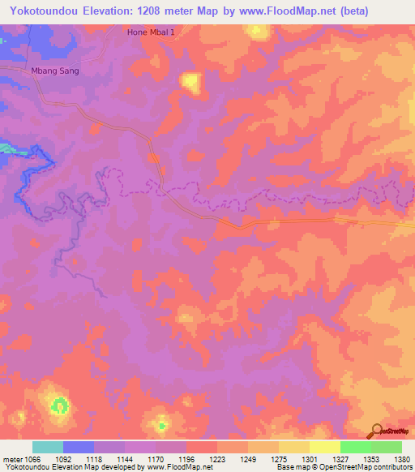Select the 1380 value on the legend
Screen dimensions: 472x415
coord(403,459)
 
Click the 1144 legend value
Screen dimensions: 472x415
coord(126,459)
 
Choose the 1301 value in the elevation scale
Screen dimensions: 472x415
coord(310,459)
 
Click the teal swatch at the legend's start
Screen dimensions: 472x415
coord(48,447)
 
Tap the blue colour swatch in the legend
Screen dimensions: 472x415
coord(79,447)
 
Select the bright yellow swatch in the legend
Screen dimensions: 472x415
coord(325,447)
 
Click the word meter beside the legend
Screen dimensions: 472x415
coord(12,459)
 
